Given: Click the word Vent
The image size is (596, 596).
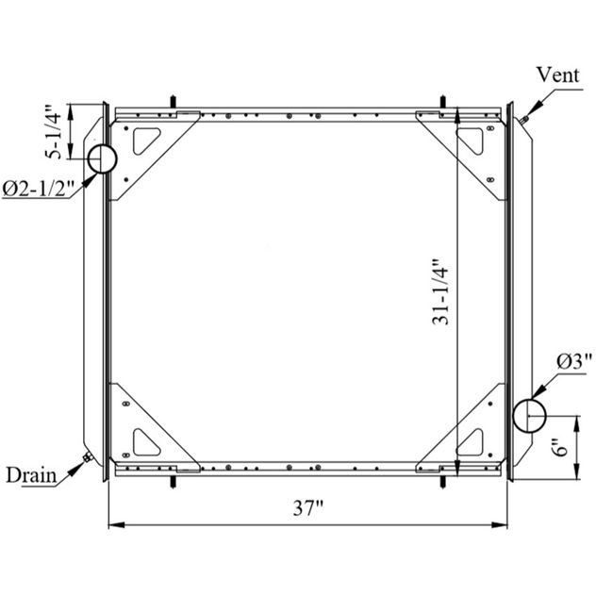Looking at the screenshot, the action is coord(557,74).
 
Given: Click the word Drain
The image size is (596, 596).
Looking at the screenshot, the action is coord(31,475).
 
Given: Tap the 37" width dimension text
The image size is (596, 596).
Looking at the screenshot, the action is coord(307,507).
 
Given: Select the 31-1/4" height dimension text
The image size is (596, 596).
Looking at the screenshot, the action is coord(440,292).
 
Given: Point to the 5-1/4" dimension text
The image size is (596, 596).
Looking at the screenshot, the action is coord(53,131).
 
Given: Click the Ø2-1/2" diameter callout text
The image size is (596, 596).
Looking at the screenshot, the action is coord(38,189).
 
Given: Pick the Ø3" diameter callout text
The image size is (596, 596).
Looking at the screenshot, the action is coord(574,361).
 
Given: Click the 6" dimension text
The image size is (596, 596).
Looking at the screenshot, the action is coord(560,447).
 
